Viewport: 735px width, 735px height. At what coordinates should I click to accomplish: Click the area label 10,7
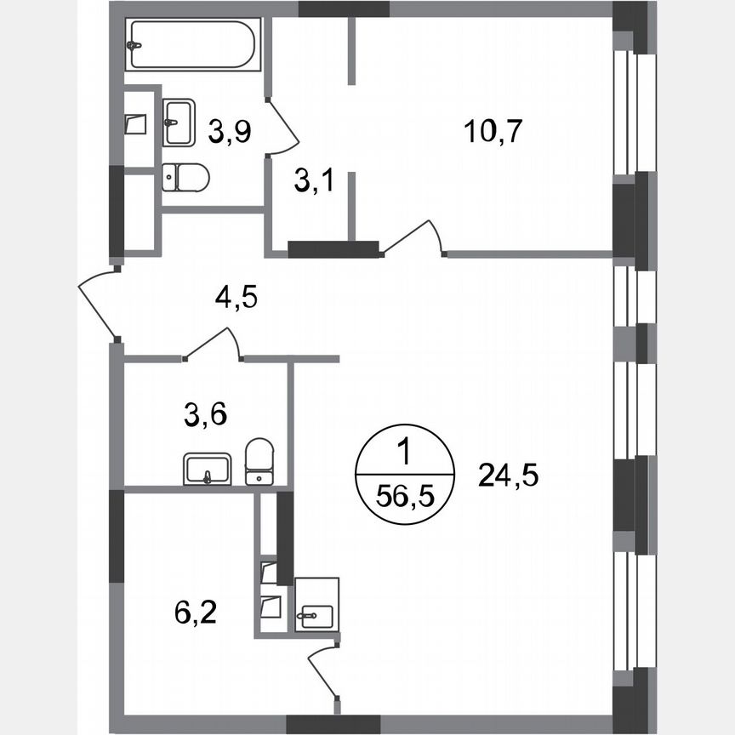pyautogui.click(x=493, y=132)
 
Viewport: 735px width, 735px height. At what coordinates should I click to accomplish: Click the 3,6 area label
pyautogui.click(x=205, y=415)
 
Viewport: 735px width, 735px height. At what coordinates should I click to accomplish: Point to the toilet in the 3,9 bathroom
pyautogui.click(x=185, y=177)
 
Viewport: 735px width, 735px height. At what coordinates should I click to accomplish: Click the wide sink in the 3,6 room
pyautogui.click(x=207, y=469)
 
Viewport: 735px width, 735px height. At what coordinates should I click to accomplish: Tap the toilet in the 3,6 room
pyautogui.click(x=259, y=462)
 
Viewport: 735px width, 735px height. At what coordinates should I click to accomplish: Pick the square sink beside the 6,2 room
pyautogui.click(x=316, y=606)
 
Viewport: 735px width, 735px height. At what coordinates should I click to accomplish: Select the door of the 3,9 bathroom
pyautogui.click(x=284, y=127)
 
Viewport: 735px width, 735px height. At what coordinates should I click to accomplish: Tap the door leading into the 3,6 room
pyautogui.click(x=213, y=344)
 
